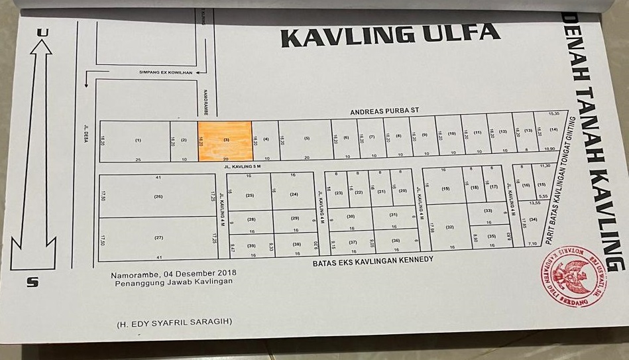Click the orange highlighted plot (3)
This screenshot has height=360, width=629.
click(x=225, y=140)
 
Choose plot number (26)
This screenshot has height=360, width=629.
click(x=158, y=196)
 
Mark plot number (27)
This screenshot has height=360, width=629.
click(x=158, y=237)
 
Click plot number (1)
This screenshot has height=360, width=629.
click(x=138, y=140)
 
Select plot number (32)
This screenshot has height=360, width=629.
click(x=449, y=227)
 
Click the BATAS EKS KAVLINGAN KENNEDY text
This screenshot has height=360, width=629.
click(x=372, y=261)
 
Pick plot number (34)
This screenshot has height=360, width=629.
click(x=533, y=219)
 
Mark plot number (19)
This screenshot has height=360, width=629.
click(x=445, y=188)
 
